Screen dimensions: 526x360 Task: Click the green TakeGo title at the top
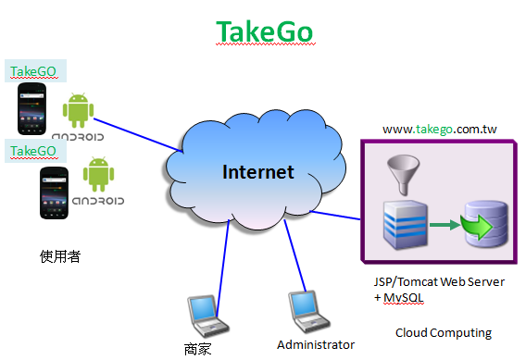(264, 31)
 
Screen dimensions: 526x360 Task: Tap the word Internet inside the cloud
(258, 172)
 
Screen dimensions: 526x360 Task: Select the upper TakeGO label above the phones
(33, 71)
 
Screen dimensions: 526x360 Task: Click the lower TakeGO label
(33, 151)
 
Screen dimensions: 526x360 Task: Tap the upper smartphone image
(31, 109)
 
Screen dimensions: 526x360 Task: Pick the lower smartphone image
(54, 192)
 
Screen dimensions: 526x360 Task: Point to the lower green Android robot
(98, 174)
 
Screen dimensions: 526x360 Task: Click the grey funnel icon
(403, 174)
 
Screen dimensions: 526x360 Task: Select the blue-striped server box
(406, 225)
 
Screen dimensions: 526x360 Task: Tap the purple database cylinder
(486, 224)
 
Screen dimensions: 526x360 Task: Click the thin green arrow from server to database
(445, 225)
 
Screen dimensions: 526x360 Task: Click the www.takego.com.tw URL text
(440, 129)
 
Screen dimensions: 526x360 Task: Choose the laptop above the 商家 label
(208, 316)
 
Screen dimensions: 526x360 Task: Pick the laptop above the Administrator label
(309, 312)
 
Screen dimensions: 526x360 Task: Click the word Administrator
(316, 344)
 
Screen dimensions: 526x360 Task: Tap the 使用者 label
(60, 256)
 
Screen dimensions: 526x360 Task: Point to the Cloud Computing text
(444, 333)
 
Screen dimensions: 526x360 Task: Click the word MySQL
(404, 298)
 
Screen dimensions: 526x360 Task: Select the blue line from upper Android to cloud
(138, 135)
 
